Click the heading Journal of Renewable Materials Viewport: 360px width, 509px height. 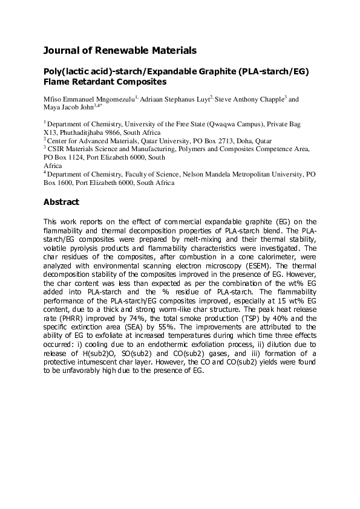point(120,51)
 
